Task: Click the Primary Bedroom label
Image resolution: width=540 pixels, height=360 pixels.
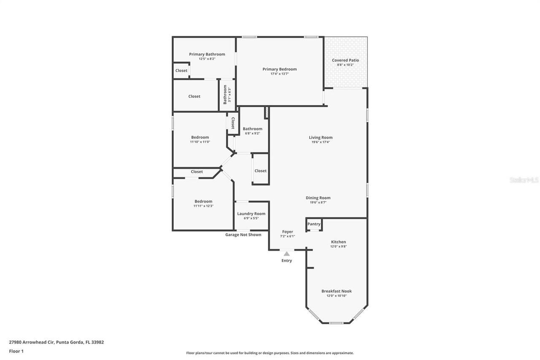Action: (279, 69)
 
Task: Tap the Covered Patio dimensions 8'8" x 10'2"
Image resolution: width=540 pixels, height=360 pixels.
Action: (345, 65)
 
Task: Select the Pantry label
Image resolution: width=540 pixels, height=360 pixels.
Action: (314, 224)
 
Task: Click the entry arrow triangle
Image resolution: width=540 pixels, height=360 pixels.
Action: (286, 254)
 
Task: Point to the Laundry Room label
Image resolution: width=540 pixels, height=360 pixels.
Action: (251, 214)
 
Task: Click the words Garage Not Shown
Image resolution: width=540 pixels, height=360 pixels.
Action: (243, 235)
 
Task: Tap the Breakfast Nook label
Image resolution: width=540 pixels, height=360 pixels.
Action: (336, 291)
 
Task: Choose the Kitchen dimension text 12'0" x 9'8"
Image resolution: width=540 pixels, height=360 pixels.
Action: (338, 246)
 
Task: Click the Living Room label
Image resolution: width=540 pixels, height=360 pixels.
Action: (321, 138)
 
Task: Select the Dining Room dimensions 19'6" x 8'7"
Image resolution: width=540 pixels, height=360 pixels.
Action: (318, 203)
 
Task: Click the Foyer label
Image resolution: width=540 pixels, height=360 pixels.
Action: (287, 232)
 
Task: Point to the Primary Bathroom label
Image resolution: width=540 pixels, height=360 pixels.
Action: (207, 54)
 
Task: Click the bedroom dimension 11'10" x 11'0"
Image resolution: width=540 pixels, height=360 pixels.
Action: (200, 142)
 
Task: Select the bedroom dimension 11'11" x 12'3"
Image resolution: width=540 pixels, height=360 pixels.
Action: (203, 206)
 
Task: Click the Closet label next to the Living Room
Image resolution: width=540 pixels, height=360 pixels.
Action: (260, 171)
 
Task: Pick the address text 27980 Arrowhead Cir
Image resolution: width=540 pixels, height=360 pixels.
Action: (32, 342)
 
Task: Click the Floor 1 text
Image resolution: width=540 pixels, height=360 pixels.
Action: (16, 351)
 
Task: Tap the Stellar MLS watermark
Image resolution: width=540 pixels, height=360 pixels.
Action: (524, 180)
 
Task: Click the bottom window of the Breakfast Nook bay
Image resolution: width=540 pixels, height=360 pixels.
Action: (336, 323)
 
